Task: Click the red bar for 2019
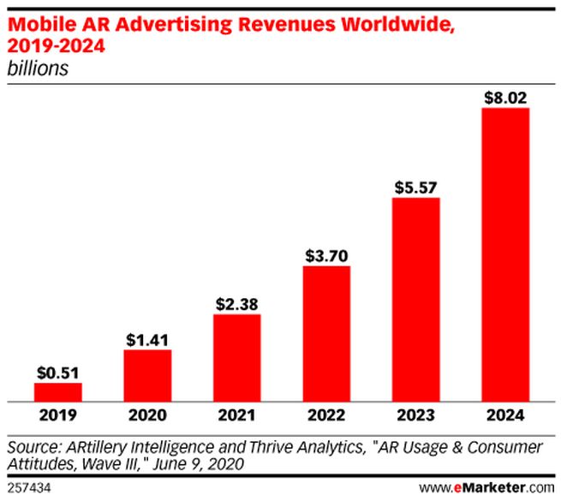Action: [x=57, y=391]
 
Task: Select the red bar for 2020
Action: [x=147, y=375]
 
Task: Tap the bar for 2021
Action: [x=236, y=357]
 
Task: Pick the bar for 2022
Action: [x=326, y=333]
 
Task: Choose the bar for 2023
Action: [x=415, y=299]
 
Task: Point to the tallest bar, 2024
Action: [x=505, y=254]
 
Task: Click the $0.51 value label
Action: [x=57, y=373]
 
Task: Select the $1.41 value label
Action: [x=147, y=339]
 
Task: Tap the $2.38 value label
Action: [x=236, y=303]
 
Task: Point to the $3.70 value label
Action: [x=326, y=255]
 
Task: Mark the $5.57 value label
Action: [x=415, y=187]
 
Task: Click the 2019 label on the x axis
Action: [x=57, y=417]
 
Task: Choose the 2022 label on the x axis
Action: [x=326, y=417]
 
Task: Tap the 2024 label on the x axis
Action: [x=505, y=417]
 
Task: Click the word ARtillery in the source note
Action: [x=97, y=448]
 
